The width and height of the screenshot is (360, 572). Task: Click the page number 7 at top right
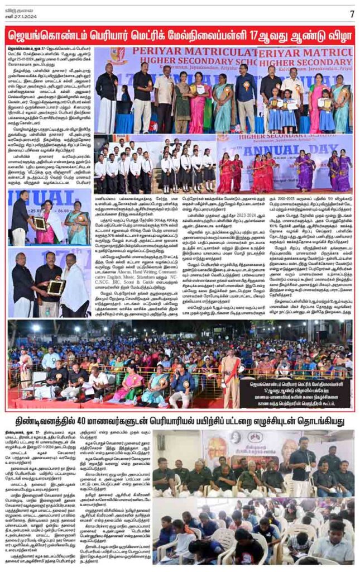coord(352,13)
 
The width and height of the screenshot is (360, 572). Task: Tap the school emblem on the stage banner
coord(118,56)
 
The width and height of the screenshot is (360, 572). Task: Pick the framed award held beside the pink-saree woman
coord(40,223)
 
